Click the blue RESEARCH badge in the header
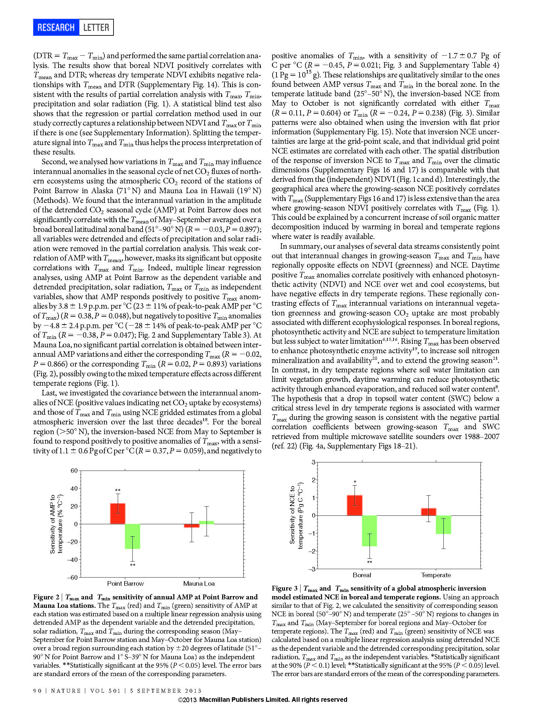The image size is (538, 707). point(56,27)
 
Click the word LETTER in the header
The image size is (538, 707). point(96,27)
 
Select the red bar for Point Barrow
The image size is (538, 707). point(118,514)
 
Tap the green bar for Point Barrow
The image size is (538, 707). point(133,536)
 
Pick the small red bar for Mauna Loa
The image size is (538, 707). point(192,526)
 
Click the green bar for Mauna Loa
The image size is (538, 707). point(207,522)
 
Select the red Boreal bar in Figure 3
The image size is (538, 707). point(355,505)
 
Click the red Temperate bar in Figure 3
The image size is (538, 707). point(429,512)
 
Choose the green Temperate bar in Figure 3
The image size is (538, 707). point(444,525)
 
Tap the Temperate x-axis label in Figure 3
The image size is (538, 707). point(436,575)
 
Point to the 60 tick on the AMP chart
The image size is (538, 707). point(74,471)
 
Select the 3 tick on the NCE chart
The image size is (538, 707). point(314,462)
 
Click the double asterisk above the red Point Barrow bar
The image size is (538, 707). point(118,490)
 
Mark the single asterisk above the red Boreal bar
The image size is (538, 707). point(355,482)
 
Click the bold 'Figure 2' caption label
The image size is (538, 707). point(46,597)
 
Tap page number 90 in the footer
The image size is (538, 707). point(37,691)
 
